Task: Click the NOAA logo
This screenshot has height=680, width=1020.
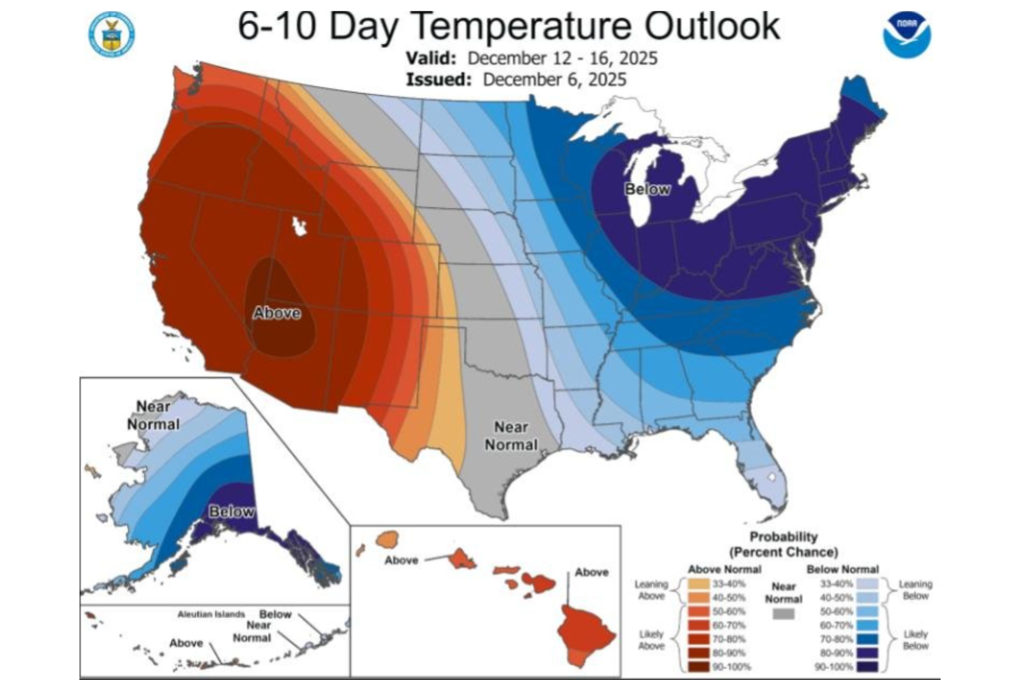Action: tap(907, 35)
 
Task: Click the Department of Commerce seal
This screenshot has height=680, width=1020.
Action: tap(112, 34)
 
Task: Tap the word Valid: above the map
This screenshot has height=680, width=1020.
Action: tap(431, 58)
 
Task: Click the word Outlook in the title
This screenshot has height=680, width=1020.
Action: tap(712, 27)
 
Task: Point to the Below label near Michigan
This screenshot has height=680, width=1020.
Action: tap(647, 189)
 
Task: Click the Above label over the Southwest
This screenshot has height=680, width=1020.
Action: tap(277, 313)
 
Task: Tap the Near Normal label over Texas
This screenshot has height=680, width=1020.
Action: tap(511, 436)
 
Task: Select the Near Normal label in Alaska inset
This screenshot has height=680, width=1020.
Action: tap(153, 415)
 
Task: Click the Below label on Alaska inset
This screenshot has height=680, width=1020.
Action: tap(231, 512)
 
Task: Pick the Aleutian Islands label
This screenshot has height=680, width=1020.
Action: tap(211, 614)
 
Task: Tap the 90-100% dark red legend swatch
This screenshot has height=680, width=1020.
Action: tap(699, 666)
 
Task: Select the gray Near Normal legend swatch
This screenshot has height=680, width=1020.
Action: tap(784, 614)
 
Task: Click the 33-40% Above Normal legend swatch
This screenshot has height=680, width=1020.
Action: tap(699, 584)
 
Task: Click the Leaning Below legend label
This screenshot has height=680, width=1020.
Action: tap(915, 590)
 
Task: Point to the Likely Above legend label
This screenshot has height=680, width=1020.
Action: tap(651, 640)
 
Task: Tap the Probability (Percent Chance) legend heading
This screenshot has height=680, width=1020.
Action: tap(783, 544)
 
